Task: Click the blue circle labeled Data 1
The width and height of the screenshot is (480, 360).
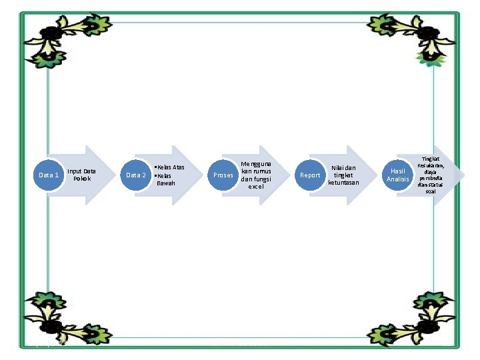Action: [x=49, y=175]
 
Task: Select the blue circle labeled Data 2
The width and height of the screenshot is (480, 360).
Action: [x=136, y=175]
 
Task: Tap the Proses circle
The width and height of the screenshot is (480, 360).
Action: [x=223, y=175]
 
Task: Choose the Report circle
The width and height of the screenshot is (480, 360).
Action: [x=310, y=175]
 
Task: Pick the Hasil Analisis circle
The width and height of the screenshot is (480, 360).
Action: [x=397, y=175]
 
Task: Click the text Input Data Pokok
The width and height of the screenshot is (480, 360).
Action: [x=81, y=175]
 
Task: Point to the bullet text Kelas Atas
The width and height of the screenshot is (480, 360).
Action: [x=170, y=167]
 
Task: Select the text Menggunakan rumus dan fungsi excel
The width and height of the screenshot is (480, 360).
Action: [x=256, y=175]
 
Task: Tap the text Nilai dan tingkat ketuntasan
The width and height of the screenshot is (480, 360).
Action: [x=343, y=175]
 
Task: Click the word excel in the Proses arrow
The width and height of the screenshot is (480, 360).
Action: [x=256, y=187]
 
